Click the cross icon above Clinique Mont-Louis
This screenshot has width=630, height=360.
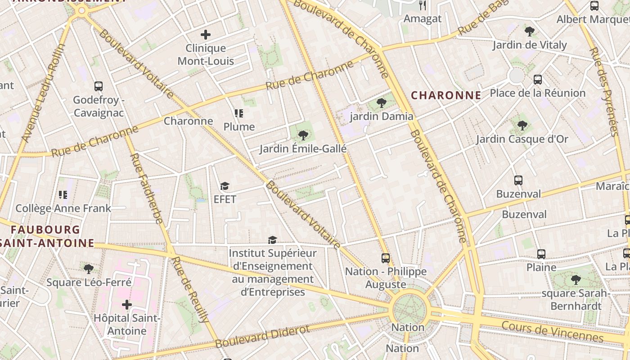206,35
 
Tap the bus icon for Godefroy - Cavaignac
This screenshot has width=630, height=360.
98,86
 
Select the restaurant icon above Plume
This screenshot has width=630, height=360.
238,113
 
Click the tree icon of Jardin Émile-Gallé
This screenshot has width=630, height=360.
303,135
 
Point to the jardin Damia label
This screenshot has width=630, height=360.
382,117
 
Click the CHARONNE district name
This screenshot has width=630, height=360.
446,95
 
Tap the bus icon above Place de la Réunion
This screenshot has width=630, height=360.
537,80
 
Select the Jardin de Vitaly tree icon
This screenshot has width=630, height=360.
530,31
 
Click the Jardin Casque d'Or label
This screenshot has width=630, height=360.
522,139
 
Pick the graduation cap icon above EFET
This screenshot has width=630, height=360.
225,186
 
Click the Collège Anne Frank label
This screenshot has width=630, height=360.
63,208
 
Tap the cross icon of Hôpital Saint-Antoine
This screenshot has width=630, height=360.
127,305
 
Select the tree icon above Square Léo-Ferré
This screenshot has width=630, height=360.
89,269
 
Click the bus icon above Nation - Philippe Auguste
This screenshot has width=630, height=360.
386,258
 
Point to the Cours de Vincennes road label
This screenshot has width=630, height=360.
552,332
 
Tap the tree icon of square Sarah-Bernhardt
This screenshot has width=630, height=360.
576,280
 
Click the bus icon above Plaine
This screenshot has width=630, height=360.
541,254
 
